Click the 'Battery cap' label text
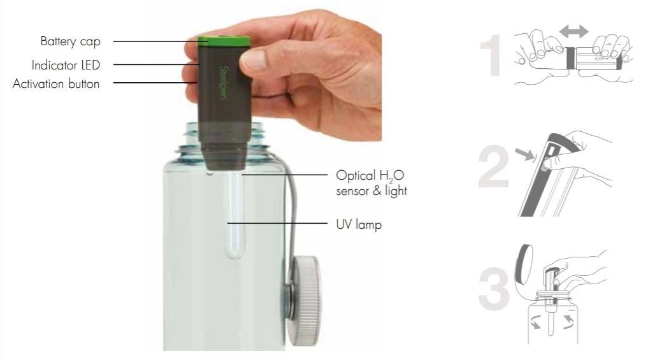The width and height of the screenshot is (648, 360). (x=70, y=42)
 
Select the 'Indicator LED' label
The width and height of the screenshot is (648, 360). (x=66, y=64)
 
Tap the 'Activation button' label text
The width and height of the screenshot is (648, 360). (x=56, y=83)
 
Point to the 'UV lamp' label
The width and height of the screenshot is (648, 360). (x=359, y=224)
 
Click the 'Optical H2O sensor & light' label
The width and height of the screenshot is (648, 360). (x=370, y=183)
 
